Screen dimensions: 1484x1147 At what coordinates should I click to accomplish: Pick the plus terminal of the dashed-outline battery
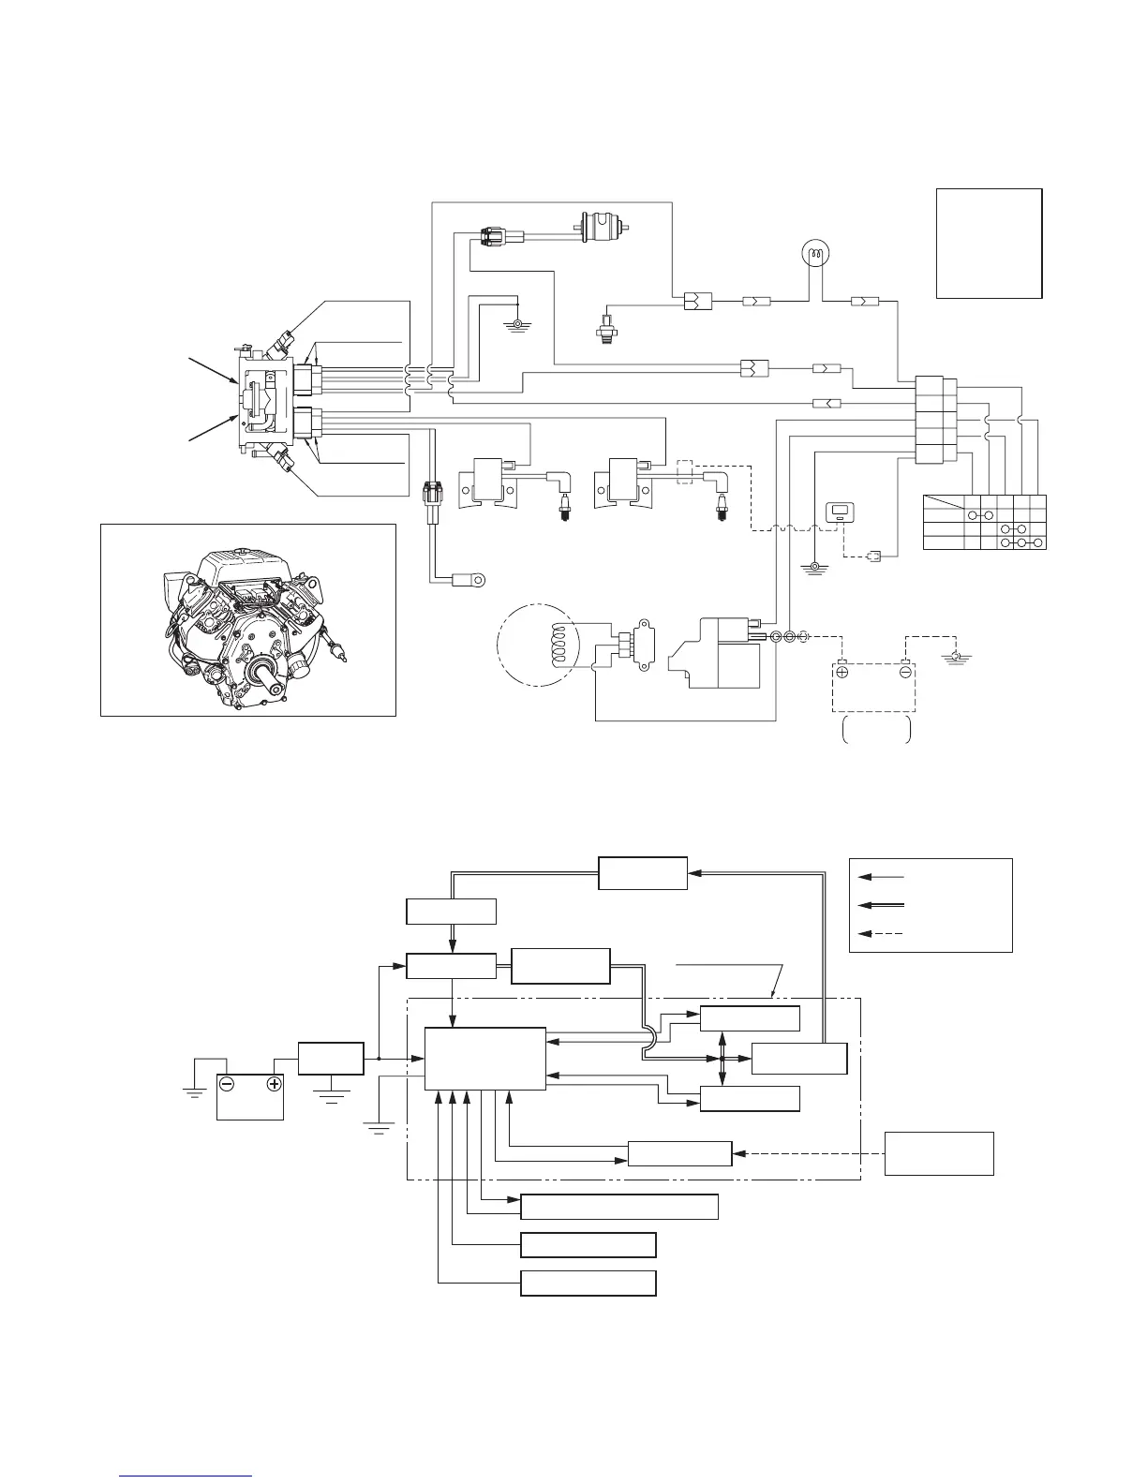pos(842,672)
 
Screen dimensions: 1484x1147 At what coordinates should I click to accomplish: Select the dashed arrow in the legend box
pos(881,932)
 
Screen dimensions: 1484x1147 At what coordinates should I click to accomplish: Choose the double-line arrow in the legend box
pos(881,904)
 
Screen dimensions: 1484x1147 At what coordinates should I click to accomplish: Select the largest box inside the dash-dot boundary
pos(484,1059)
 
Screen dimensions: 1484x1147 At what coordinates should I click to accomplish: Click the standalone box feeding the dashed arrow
pos(940,1153)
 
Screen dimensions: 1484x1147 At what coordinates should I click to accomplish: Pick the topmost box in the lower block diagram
pos(643,873)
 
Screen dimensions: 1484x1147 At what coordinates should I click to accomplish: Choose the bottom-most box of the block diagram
pos(588,1283)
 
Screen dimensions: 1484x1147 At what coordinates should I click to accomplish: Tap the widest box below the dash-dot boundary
pos(619,1207)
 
